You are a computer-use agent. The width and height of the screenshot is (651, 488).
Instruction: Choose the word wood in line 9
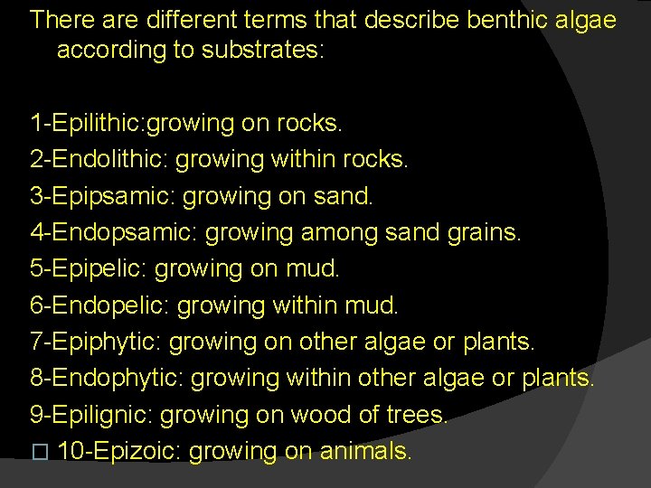(x=322, y=416)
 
